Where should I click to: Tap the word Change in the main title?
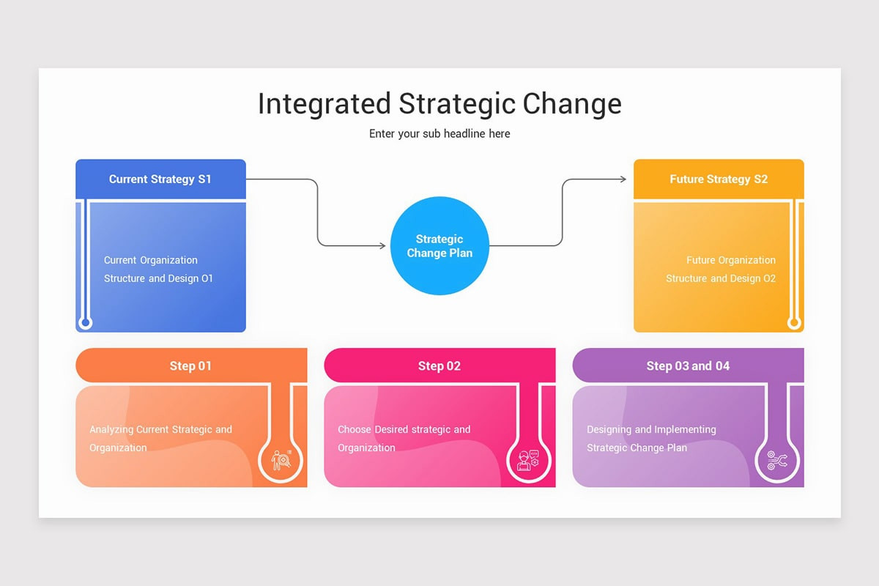tap(572, 104)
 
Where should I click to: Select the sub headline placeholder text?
tap(439, 133)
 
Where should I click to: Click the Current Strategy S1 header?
tap(160, 179)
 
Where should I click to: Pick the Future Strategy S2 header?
tap(719, 179)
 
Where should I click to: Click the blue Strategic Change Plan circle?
tap(439, 246)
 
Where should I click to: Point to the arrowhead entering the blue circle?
tap(382, 246)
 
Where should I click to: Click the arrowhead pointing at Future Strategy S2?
tap(623, 179)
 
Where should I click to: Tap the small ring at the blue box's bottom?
tap(86, 322)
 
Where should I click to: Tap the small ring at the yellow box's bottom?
tap(793, 322)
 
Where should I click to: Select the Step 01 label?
tap(190, 366)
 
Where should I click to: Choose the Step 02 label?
tap(439, 366)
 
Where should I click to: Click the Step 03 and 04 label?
tap(688, 366)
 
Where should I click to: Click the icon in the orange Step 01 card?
tap(281, 459)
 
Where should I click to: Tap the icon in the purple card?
tap(776, 461)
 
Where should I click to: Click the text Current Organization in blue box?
tap(151, 260)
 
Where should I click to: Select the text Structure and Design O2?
tap(721, 278)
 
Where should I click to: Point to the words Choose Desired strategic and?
tap(404, 429)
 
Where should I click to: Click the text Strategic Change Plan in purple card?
tap(637, 448)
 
